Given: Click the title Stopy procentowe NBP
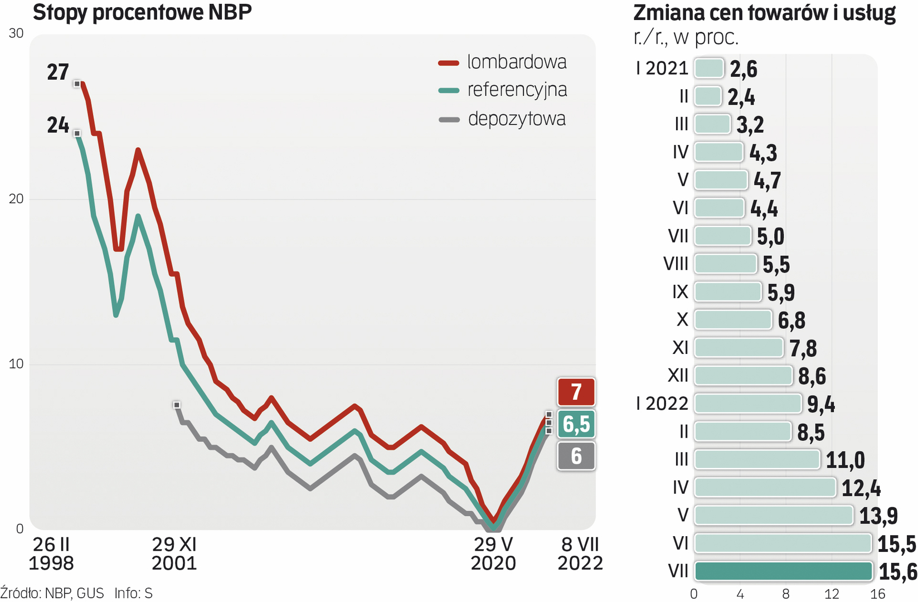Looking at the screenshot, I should (142, 12).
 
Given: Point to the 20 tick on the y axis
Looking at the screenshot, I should (16, 199).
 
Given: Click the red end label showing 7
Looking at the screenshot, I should (576, 391).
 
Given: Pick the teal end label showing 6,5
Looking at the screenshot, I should (576, 424).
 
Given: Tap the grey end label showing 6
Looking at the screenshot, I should (576, 456).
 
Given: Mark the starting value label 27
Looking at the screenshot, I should (58, 72).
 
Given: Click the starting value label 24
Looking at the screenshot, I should (58, 125).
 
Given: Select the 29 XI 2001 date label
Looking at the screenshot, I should (174, 554).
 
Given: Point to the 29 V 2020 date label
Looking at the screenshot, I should (493, 554).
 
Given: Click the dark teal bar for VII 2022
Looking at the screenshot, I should (783, 571).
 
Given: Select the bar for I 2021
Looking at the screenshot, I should (709, 68).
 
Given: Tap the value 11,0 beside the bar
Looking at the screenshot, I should (845, 460).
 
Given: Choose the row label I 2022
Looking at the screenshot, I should (662, 404).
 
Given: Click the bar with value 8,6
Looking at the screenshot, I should (743, 376).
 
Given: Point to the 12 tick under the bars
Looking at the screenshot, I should (832, 594).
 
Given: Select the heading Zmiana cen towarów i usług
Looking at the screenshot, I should (765, 12).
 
